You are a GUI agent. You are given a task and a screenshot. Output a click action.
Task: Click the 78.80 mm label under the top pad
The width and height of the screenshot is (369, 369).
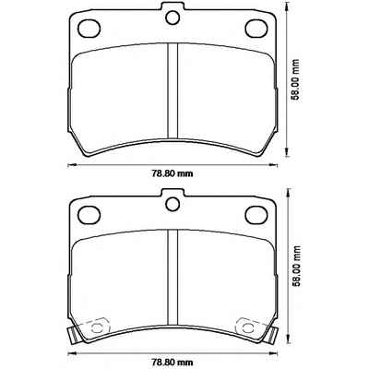172,173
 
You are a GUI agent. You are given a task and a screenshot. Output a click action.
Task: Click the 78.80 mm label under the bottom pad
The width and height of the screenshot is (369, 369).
172,361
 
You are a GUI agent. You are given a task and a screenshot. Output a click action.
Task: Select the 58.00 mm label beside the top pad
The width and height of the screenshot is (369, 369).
295,80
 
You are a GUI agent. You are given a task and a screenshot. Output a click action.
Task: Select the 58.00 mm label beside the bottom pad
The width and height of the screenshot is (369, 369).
295,267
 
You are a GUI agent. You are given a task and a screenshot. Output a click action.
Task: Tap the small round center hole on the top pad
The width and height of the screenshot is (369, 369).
173,18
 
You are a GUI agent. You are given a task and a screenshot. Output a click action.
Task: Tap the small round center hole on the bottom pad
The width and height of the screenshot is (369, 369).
173,204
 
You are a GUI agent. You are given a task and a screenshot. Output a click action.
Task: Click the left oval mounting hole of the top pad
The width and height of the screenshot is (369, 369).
89,29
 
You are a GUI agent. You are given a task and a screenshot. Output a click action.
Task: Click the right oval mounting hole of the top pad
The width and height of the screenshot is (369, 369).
256,28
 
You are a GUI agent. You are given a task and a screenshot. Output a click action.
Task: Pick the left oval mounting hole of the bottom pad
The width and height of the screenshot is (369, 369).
89,215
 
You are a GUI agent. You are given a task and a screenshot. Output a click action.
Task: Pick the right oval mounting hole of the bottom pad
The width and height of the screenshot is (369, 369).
256,215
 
